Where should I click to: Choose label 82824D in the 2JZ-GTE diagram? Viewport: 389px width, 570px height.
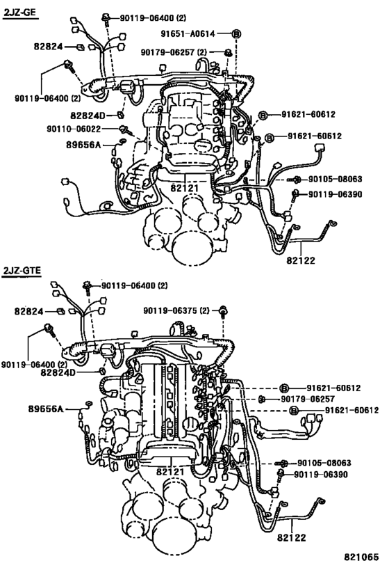77,374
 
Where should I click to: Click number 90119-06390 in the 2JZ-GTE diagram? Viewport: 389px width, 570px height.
320,475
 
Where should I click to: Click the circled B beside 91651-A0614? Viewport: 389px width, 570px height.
235,34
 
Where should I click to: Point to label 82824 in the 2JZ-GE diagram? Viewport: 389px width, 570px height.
47,47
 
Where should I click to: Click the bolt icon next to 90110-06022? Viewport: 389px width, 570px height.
124,129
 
